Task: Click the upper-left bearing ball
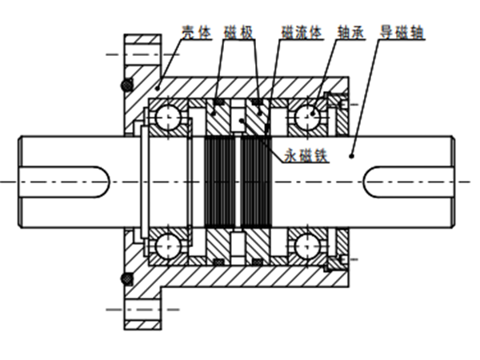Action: click(x=169, y=118)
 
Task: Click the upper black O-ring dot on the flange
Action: click(x=125, y=85)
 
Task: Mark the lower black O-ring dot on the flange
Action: click(x=125, y=278)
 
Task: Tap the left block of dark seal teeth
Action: click(x=222, y=182)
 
